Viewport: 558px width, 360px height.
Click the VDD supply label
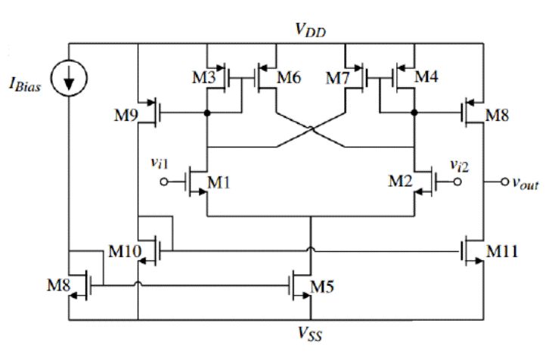click(x=310, y=29)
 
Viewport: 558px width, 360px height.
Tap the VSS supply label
click(x=310, y=334)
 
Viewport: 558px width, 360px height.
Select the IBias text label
click(x=24, y=85)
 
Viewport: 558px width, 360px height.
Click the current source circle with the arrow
click(x=69, y=78)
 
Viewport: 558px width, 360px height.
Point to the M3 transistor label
click(x=204, y=77)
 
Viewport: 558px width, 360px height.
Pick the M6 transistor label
click(x=289, y=77)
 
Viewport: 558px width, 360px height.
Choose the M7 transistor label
click(x=338, y=78)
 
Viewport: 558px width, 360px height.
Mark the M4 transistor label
click(x=426, y=76)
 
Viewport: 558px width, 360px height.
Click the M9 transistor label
click(x=126, y=115)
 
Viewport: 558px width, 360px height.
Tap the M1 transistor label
click(x=219, y=182)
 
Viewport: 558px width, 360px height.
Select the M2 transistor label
click(x=400, y=181)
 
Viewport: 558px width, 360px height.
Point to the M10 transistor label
click(x=125, y=251)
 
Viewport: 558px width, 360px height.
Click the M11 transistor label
click(x=502, y=251)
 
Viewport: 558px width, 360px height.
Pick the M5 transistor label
click(x=322, y=287)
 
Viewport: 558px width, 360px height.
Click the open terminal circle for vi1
click(x=164, y=182)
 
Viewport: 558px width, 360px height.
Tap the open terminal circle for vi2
click(x=457, y=182)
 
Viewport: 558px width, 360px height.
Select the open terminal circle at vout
click(x=504, y=182)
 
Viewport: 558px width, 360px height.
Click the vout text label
click(x=525, y=183)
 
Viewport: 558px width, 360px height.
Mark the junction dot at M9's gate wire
click(x=207, y=113)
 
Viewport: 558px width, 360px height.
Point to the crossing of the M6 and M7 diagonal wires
click(x=311, y=129)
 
